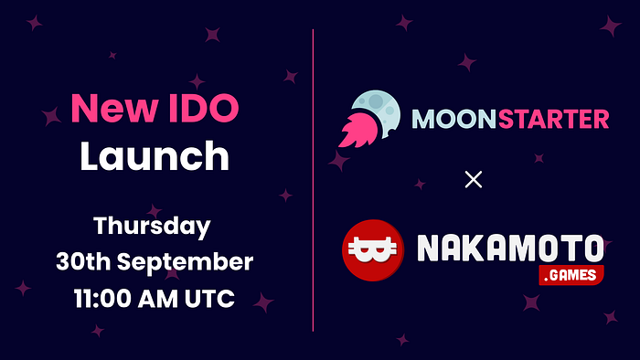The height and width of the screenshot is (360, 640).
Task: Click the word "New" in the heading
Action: [x=114, y=108]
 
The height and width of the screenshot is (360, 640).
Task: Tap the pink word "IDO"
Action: [x=203, y=108]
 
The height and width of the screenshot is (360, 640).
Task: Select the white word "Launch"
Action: [x=155, y=155]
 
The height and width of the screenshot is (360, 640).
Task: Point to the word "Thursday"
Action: [x=152, y=227]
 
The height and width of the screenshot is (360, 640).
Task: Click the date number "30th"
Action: [x=83, y=261]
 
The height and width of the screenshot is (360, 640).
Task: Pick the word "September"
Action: [x=186, y=262]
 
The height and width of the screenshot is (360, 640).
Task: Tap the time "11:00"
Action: [x=102, y=299]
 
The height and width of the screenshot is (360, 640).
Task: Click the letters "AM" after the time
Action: [x=157, y=299]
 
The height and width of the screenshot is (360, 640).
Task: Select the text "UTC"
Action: [x=209, y=299]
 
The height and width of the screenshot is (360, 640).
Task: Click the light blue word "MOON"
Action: [x=453, y=119]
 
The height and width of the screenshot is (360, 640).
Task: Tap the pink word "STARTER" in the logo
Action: [x=553, y=119]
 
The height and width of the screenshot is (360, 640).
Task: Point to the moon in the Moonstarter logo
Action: [x=376, y=113]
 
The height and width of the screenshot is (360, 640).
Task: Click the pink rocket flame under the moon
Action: [x=358, y=130]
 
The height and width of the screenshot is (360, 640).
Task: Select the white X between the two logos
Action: [x=474, y=179]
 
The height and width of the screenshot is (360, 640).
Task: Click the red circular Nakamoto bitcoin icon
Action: [x=373, y=250]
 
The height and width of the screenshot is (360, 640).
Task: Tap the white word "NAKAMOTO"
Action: [x=510, y=248]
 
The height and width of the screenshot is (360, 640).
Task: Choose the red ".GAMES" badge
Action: [x=571, y=275]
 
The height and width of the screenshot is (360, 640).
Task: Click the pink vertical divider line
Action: [x=313, y=180]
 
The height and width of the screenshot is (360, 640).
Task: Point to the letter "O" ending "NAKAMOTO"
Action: [x=592, y=248]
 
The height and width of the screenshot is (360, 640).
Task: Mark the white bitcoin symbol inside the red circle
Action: [x=373, y=250]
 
